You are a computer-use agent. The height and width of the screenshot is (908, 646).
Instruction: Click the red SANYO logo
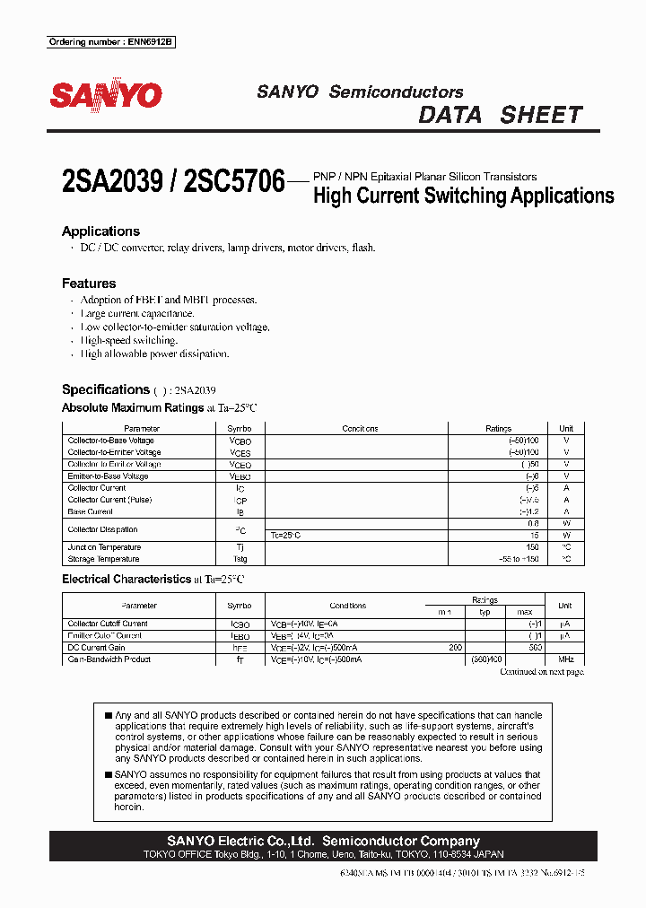105,96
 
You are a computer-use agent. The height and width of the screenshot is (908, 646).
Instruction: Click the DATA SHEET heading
501,115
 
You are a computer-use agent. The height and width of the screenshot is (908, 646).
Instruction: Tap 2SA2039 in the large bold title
112,183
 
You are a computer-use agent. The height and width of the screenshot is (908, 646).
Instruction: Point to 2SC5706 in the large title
233,183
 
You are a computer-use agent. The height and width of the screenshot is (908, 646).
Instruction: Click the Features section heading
89,284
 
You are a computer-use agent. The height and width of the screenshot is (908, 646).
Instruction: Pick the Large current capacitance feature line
137,313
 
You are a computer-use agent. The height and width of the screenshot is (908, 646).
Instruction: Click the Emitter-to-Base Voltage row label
108,476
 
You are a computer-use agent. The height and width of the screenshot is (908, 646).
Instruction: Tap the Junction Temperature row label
104,547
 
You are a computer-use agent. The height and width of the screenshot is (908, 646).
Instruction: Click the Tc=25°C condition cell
285,536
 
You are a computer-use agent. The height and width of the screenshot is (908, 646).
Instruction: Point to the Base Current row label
91,511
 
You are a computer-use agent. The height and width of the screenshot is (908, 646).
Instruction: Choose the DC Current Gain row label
97,647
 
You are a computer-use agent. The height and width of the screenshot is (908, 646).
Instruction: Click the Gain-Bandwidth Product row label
109,659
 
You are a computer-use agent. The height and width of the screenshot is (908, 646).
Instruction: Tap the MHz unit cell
565,659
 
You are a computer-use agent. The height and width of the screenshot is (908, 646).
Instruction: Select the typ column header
484,612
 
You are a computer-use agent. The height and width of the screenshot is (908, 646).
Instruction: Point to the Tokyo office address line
323,855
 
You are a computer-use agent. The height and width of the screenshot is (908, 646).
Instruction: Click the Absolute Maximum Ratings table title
133,407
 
